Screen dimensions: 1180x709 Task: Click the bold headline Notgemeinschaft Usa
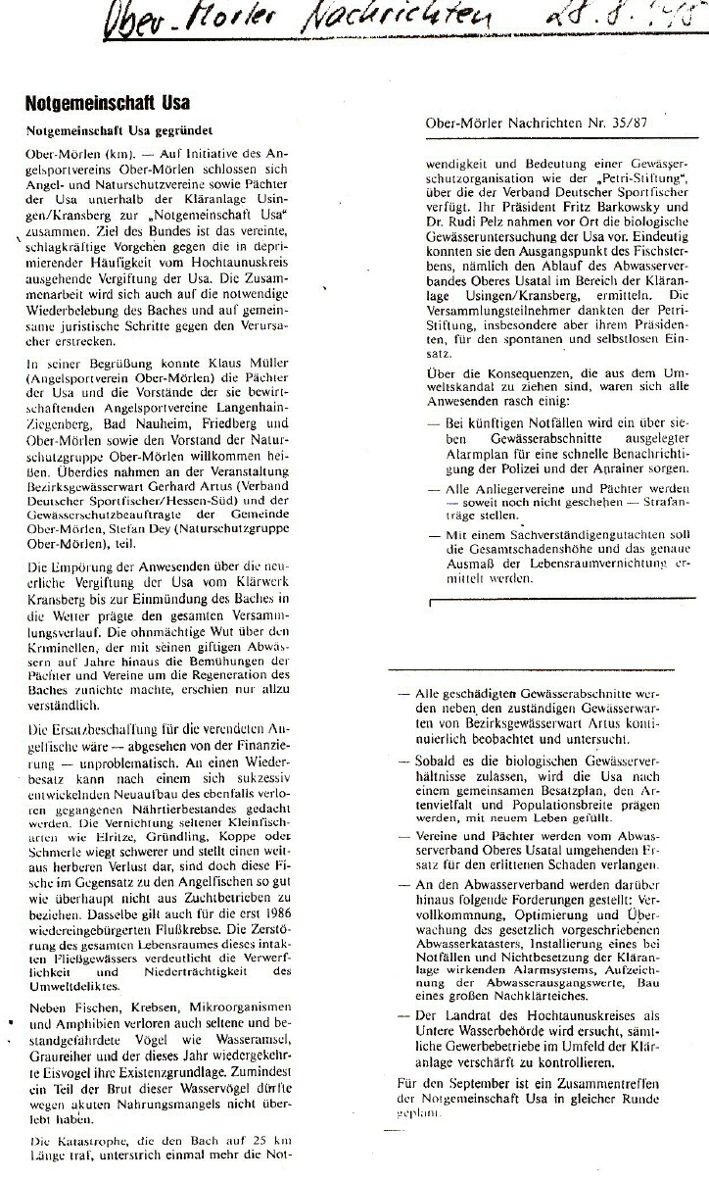[x=108, y=103]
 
